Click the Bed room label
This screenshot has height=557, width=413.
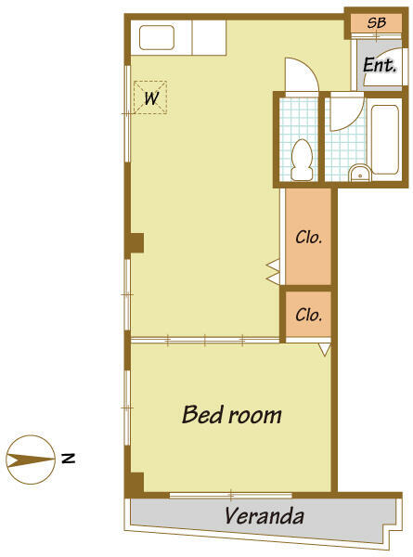(231, 414)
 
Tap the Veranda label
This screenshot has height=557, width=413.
(265, 516)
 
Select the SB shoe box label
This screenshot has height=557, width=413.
(377, 22)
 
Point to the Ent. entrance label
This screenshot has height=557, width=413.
(380, 65)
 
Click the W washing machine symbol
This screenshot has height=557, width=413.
(150, 97)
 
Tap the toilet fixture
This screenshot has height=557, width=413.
(302, 160)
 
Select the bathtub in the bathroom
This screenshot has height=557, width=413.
(385, 139)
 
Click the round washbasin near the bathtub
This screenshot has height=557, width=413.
(360, 174)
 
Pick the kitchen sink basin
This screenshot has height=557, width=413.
(157, 37)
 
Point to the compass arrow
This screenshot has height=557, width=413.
(31, 460)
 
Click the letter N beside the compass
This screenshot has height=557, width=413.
(68, 459)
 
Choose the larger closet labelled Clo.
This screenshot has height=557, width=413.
(309, 237)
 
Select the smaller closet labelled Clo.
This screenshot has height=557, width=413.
(309, 315)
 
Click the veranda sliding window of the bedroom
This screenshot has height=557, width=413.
(231, 495)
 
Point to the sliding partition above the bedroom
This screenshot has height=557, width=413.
(205, 341)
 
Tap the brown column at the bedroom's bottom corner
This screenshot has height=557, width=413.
(135, 485)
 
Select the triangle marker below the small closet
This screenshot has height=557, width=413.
(325, 349)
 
